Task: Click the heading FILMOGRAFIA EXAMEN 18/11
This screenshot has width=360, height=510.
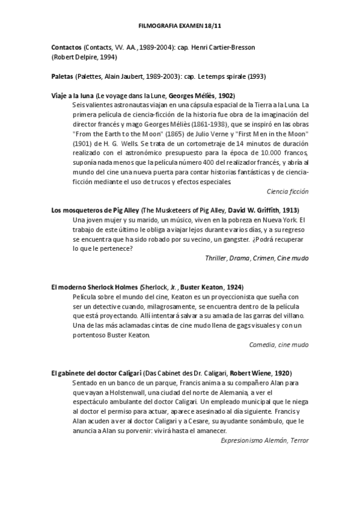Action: coord(180,26)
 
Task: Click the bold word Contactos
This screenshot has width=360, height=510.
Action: coord(67,47)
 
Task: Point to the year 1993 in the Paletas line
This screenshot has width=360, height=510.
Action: coord(257,76)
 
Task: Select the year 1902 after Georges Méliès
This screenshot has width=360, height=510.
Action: coord(225,96)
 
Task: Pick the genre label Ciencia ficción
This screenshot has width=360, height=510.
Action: coord(287,191)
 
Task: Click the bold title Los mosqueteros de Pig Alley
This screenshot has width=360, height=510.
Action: coord(95,210)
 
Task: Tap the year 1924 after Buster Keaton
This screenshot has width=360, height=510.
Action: coord(234,287)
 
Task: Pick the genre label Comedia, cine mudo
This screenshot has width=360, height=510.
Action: coord(279,345)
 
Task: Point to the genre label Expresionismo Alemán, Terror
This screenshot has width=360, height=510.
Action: coord(264,440)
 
